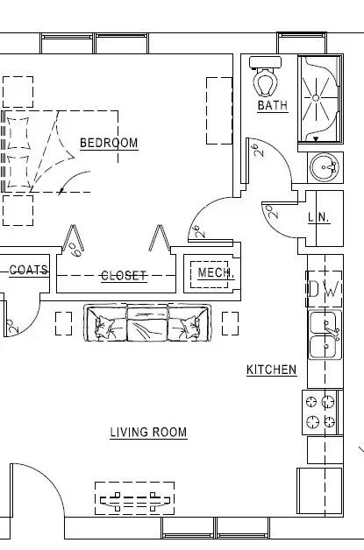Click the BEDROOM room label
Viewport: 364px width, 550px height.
coord(109,143)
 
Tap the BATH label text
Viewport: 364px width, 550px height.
coord(273,105)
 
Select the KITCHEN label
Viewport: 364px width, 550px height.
coord(272,370)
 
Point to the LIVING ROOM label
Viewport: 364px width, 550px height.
coord(148,432)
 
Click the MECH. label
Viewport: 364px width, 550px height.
coord(215,272)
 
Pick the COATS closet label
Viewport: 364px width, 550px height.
coord(29,270)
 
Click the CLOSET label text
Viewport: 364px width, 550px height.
coord(124,276)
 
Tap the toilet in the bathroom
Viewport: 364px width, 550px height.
coord(265,76)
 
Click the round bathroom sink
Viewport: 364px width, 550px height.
coord(324,167)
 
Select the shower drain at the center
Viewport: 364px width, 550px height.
coord(316,98)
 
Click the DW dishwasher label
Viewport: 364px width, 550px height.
coord(325,289)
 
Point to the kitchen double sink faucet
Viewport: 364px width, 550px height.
coord(332,330)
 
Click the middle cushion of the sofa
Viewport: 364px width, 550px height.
coord(147,323)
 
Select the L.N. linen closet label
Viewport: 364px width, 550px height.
coord(319,218)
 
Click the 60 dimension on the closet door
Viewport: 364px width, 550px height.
coord(76,250)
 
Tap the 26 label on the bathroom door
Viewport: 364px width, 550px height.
coord(259,150)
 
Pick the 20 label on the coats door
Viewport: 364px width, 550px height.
coord(12,326)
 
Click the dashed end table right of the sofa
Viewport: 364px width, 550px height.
coord(230,323)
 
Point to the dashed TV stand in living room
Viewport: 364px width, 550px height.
coord(134,498)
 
